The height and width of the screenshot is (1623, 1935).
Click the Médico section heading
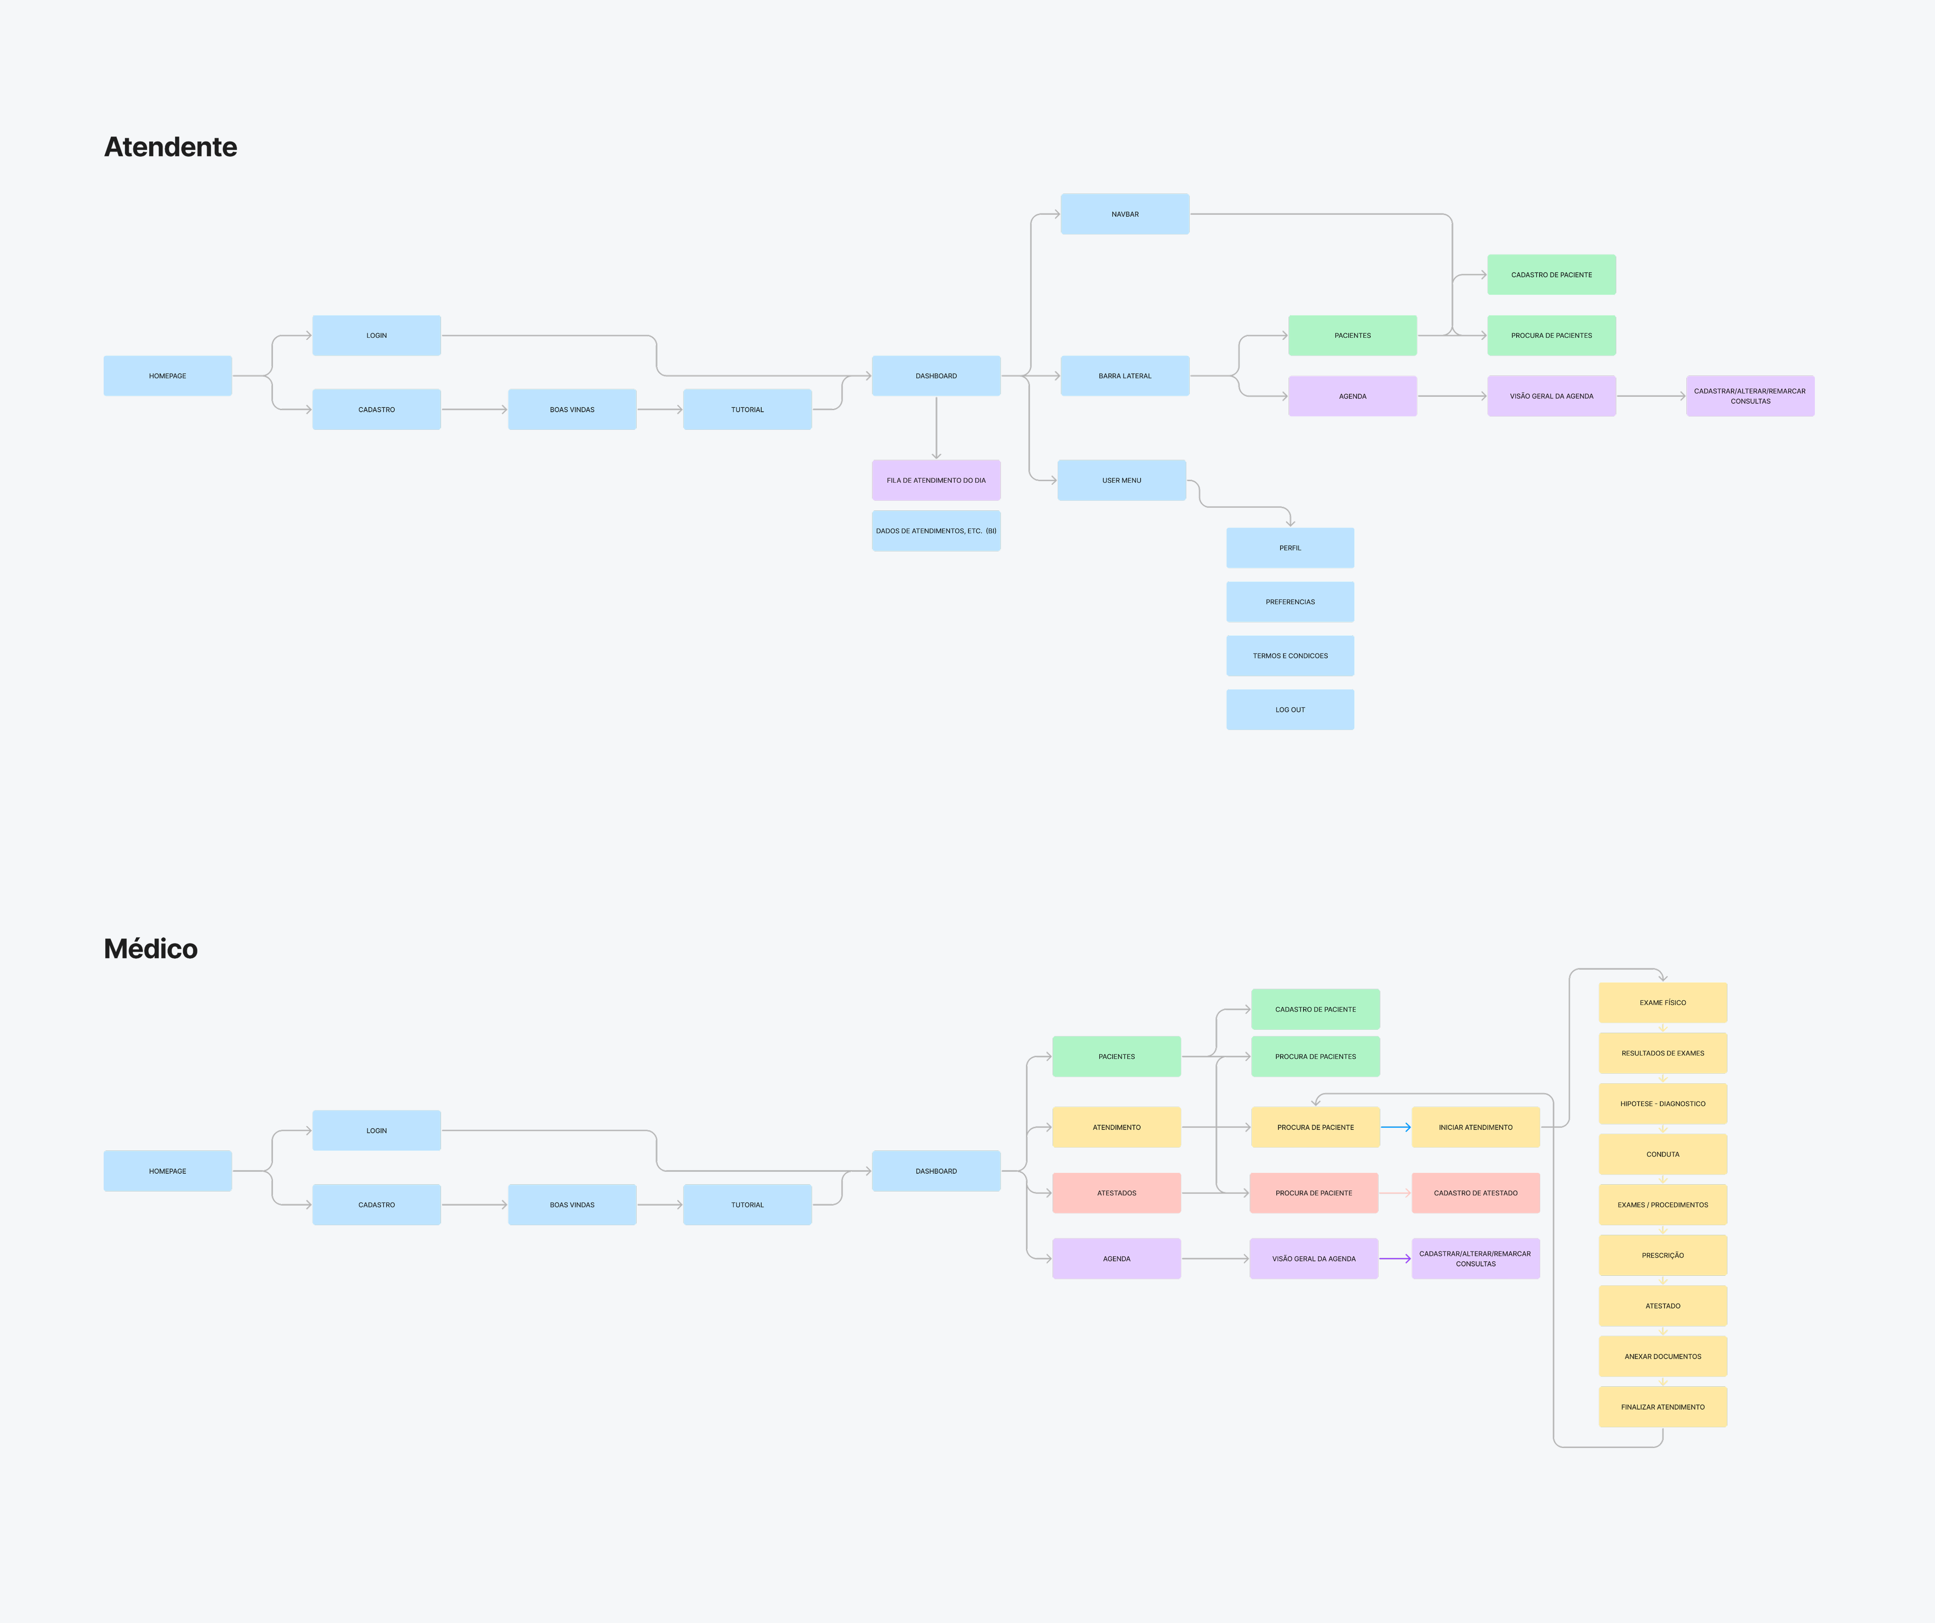pos(150,949)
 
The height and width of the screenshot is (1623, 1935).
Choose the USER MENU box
pos(1121,480)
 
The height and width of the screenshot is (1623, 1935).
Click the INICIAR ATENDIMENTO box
pos(1475,1127)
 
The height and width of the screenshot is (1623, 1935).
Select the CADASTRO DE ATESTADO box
pos(1475,1193)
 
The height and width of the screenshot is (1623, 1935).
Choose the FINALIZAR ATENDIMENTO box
pos(1662,1406)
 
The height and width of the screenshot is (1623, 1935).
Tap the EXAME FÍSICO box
pos(1662,1002)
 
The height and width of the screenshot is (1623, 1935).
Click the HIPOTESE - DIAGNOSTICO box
pos(1662,1103)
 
